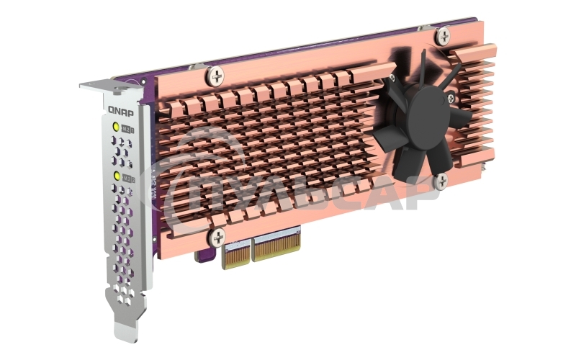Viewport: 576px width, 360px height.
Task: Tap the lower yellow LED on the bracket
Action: pos(116,175)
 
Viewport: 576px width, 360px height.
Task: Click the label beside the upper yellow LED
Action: pos(128,129)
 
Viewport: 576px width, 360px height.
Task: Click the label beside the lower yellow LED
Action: pos(129,176)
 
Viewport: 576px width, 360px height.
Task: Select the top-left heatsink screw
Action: pos(215,73)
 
